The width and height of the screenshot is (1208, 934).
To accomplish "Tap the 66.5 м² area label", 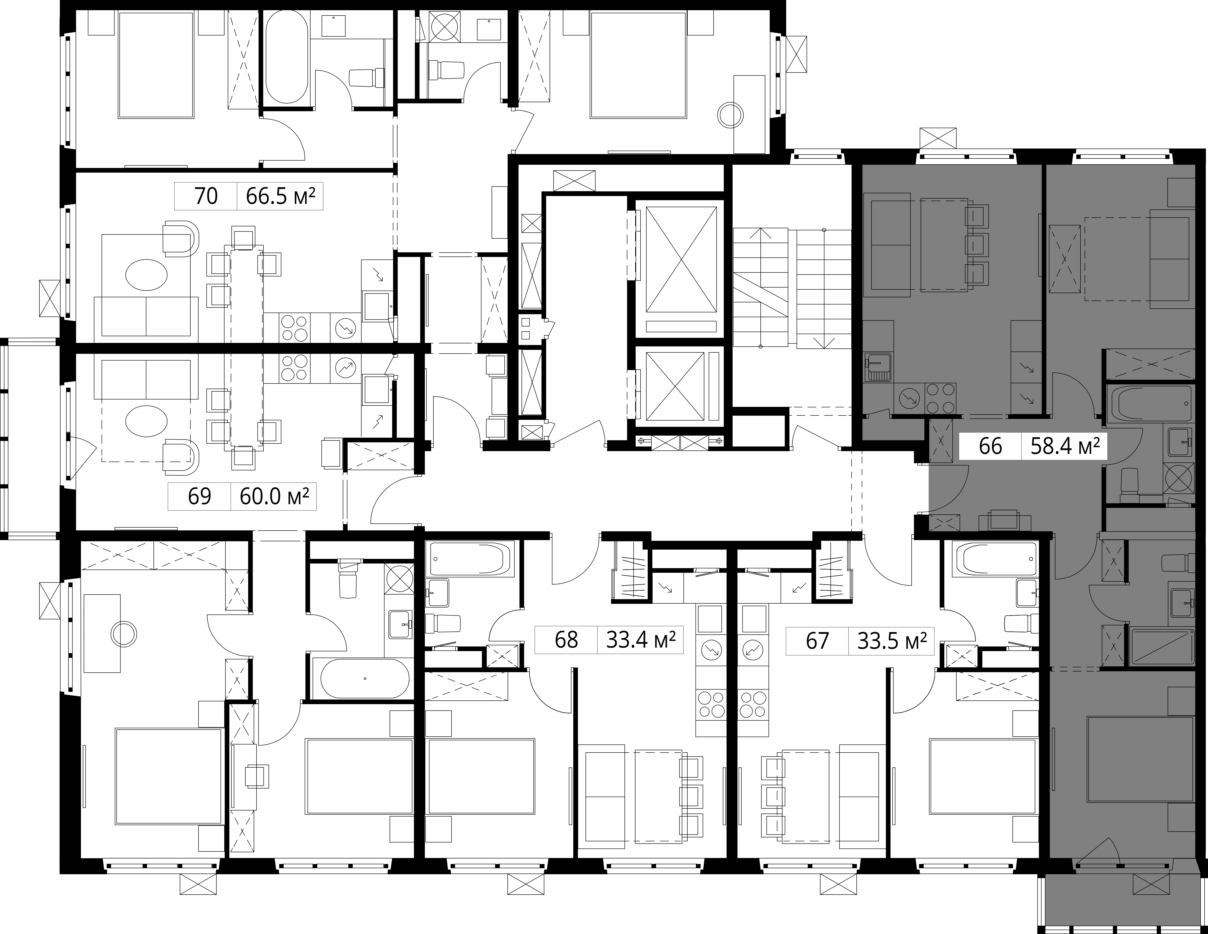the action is [x=280, y=196].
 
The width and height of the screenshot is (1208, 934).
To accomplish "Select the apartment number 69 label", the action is [x=200, y=496].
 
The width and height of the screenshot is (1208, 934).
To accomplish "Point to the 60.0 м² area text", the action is [x=274, y=496].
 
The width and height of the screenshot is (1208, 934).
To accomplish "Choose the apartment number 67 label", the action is [x=817, y=640].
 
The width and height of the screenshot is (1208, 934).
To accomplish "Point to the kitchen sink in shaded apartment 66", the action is [x=877, y=368].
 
